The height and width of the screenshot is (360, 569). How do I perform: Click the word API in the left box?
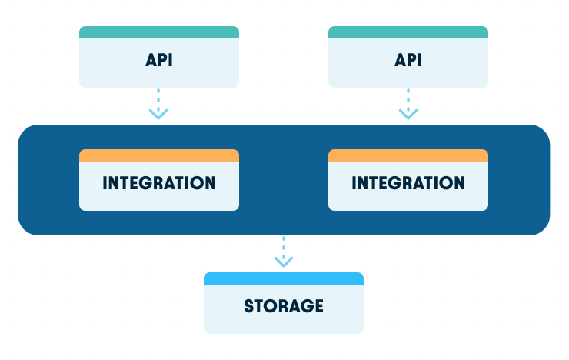point(159,60)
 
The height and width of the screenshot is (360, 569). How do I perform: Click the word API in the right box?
point(408,60)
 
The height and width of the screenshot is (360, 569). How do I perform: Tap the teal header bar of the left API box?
point(159,32)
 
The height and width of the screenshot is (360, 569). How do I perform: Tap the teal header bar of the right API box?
point(408,32)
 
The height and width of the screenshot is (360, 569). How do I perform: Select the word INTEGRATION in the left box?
point(159,183)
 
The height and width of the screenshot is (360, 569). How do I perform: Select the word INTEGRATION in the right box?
point(408,183)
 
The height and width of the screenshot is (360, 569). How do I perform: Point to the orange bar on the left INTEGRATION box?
point(159,155)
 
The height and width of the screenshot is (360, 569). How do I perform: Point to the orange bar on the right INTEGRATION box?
point(408,155)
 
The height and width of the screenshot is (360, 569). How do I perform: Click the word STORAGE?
point(284,306)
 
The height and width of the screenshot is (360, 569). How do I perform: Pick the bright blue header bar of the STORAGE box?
point(284,278)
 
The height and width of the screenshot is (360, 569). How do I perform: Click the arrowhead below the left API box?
point(158,114)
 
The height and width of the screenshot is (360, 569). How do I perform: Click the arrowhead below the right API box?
point(408,114)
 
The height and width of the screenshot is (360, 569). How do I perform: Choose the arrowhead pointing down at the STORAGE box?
point(284,262)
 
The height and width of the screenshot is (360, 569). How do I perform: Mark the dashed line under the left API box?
point(158,98)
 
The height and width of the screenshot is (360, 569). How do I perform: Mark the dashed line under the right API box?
point(408,98)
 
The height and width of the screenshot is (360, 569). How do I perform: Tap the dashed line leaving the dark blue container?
point(284,245)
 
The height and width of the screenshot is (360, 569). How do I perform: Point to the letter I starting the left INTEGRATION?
point(105,183)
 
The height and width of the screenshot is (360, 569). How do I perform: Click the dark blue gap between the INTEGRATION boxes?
point(284,180)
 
